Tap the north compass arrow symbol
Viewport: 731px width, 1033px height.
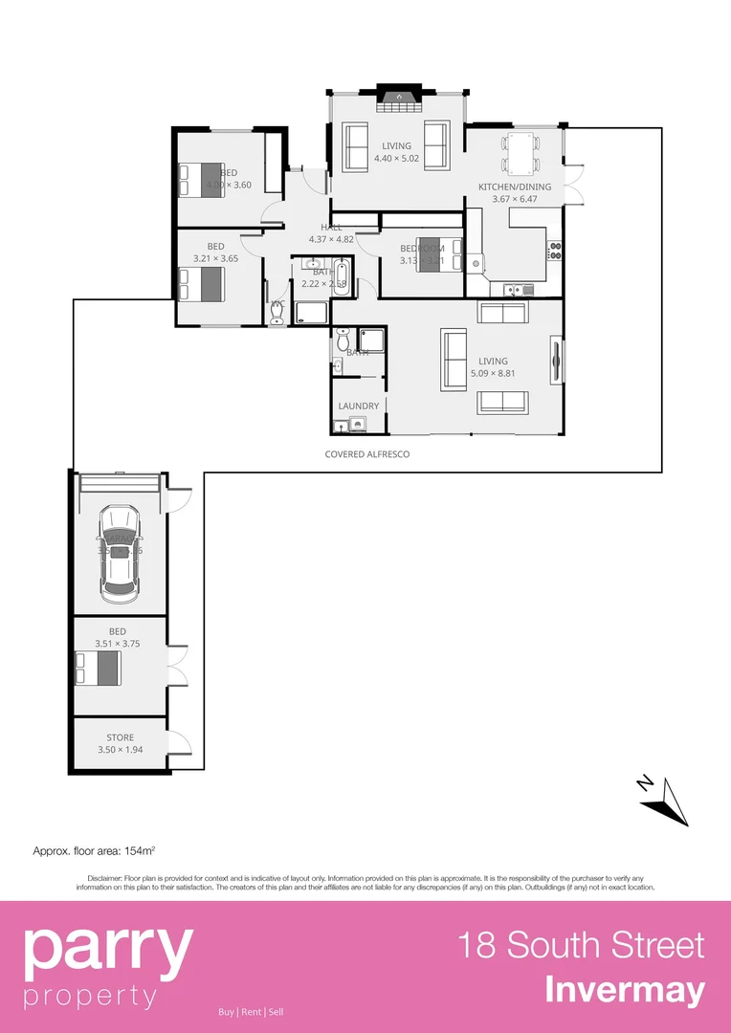click(x=666, y=800)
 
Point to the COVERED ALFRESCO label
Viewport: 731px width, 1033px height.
click(x=367, y=454)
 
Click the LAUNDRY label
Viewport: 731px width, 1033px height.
click(x=359, y=406)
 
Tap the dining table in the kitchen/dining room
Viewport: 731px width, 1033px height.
click(x=521, y=152)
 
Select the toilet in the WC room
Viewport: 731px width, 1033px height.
click(x=277, y=316)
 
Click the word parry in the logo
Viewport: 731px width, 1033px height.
click(x=107, y=950)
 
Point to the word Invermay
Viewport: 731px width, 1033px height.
click(x=625, y=990)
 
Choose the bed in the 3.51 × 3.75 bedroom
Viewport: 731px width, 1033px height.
click(x=98, y=669)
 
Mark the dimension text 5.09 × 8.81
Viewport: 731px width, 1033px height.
click(x=497, y=373)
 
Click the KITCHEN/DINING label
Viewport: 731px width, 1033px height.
click(x=515, y=187)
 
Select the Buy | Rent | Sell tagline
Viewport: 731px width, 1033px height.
click(x=251, y=1012)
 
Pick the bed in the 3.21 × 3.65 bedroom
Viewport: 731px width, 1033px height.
click(x=202, y=284)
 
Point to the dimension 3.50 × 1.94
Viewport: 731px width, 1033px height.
click(x=121, y=750)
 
